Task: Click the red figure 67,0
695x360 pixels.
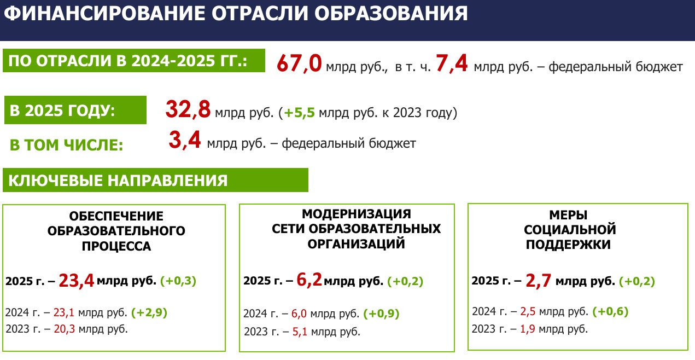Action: click(299, 63)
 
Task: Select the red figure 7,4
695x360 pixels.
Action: click(452, 63)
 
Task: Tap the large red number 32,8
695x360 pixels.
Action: click(188, 109)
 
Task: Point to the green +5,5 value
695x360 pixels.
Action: click(299, 113)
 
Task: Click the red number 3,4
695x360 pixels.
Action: click(185, 140)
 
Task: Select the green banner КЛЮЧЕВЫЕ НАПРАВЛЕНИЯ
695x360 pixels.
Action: click(155, 180)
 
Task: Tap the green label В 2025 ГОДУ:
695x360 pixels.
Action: click(75, 110)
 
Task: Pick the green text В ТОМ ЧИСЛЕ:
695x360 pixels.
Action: click(66, 145)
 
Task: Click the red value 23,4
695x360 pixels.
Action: click(77, 281)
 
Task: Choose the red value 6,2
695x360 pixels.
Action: click(309, 280)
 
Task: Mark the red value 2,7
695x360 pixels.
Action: click(538, 281)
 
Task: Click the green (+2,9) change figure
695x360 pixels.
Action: click(149, 312)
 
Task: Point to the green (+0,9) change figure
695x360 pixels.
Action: click(381, 313)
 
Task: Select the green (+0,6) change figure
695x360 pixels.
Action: click(610, 311)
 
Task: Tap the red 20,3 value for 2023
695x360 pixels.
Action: click(64, 329)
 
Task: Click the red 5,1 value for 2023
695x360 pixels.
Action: click(300, 332)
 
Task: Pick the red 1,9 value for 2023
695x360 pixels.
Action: click(528, 329)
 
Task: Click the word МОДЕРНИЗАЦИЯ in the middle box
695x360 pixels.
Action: click(357, 214)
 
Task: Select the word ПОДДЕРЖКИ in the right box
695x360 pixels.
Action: click(568, 245)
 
